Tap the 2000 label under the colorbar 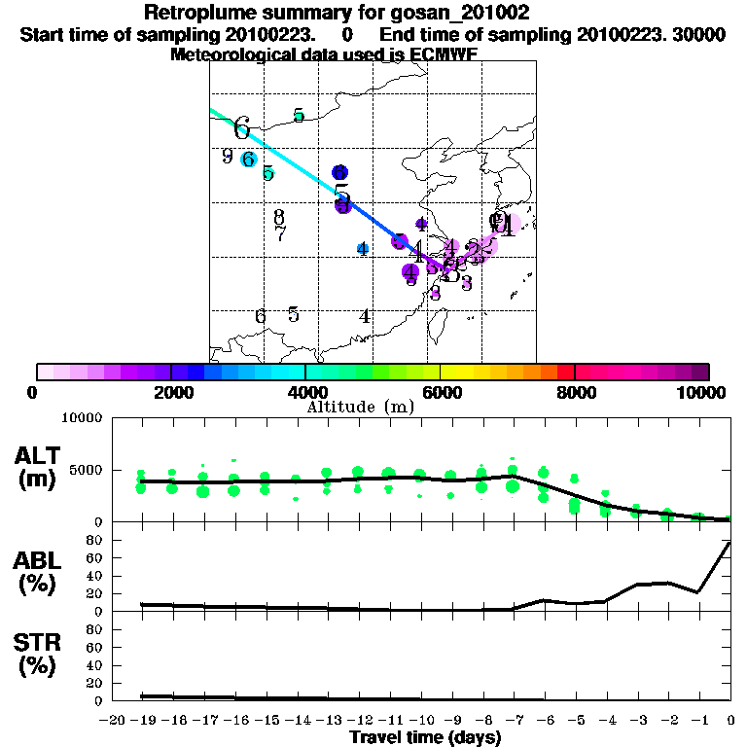click(171, 392)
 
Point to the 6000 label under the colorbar click(440, 392)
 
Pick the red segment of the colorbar click(565, 372)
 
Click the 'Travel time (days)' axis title click(425, 737)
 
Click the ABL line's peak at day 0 click(729, 543)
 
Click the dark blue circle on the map click(340, 172)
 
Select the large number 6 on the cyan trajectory click(241, 127)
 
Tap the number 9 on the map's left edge click(227, 156)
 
